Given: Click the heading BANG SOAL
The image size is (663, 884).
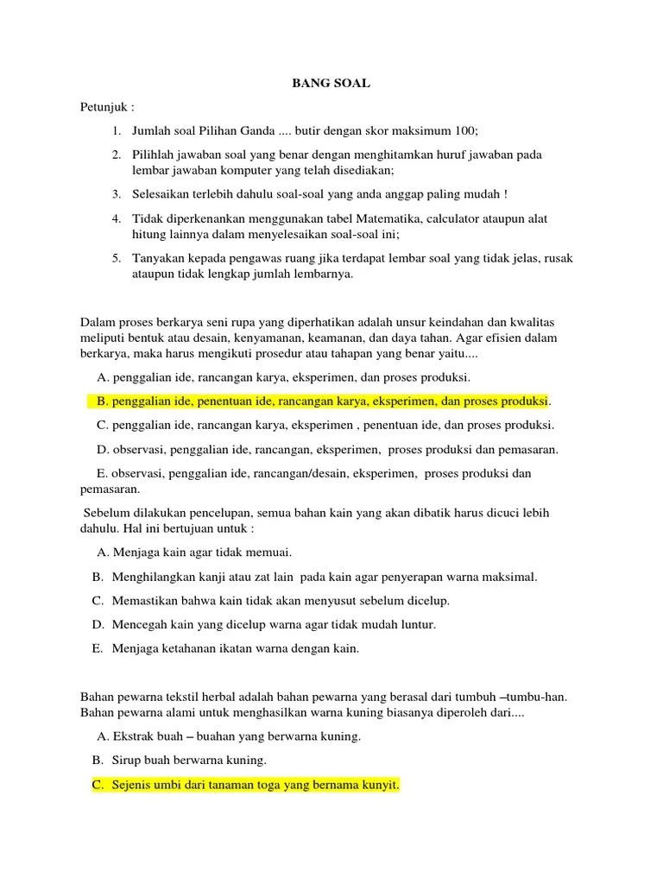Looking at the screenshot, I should coord(332,84).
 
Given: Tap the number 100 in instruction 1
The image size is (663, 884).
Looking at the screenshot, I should coord(464,131).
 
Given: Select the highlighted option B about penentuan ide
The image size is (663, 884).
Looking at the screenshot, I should coord(323,401).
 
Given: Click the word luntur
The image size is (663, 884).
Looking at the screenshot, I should coord(415,624).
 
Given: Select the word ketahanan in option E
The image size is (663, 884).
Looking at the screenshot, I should coord(190,648).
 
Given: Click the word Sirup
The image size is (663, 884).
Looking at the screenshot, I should coord(128,761).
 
